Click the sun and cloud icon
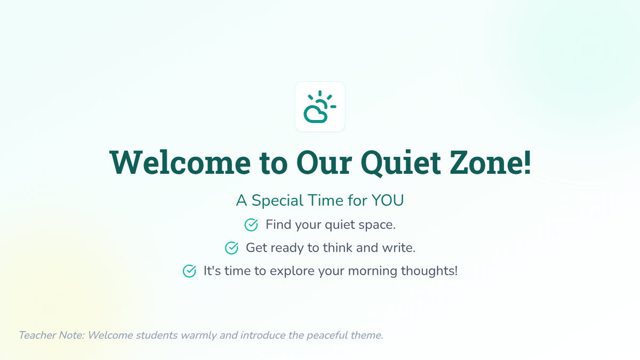319,107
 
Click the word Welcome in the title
180,162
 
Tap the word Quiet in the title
401,163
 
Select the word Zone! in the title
490,162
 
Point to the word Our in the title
324,163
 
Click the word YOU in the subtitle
387,201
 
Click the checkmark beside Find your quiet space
251,225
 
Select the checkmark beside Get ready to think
231,247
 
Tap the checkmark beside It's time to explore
189,271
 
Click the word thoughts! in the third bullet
429,271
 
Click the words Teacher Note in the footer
52,335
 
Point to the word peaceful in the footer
327,335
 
